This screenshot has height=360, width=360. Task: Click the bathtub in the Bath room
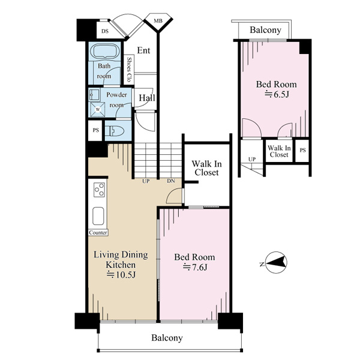click(104, 51)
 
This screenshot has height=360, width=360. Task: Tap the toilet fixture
click(115, 131)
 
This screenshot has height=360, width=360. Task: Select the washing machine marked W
click(98, 109)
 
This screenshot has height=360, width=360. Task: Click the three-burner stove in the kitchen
click(100, 190)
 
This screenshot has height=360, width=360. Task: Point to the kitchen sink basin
click(98, 216)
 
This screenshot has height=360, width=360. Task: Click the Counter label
click(98, 233)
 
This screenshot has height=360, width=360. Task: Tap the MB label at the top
click(158, 21)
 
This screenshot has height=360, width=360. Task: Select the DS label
click(105, 31)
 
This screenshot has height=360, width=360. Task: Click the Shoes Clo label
click(129, 70)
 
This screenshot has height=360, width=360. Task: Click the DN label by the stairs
click(171, 181)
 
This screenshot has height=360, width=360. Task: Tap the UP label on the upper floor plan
click(252, 159)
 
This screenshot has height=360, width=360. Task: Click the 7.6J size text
click(194, 267)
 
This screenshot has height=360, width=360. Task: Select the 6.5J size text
click(277, 94)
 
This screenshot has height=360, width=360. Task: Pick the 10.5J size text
click(121, 275)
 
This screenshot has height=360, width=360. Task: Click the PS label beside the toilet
click(96, 130)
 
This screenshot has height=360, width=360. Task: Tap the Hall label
click(147, 98)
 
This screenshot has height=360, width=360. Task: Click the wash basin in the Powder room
click(94, 95)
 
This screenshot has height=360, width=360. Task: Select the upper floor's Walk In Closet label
click(279, 151)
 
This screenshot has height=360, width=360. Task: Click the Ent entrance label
click(143, 50)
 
